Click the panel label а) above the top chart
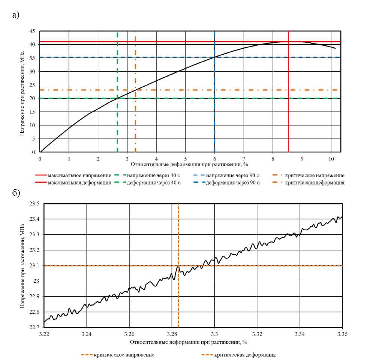(x=15, y=15)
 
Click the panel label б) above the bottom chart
(x=15, y=193)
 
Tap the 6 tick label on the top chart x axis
(x=214, y=159)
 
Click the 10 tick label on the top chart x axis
(x=331, y=159)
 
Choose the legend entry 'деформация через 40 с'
(x=154, y=183)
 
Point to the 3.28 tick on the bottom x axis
(x=172, y=333)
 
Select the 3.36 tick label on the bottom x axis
(x=342, y=333)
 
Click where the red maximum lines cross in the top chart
(x=288, y=42)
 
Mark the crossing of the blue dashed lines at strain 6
(x=214, y=57)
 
